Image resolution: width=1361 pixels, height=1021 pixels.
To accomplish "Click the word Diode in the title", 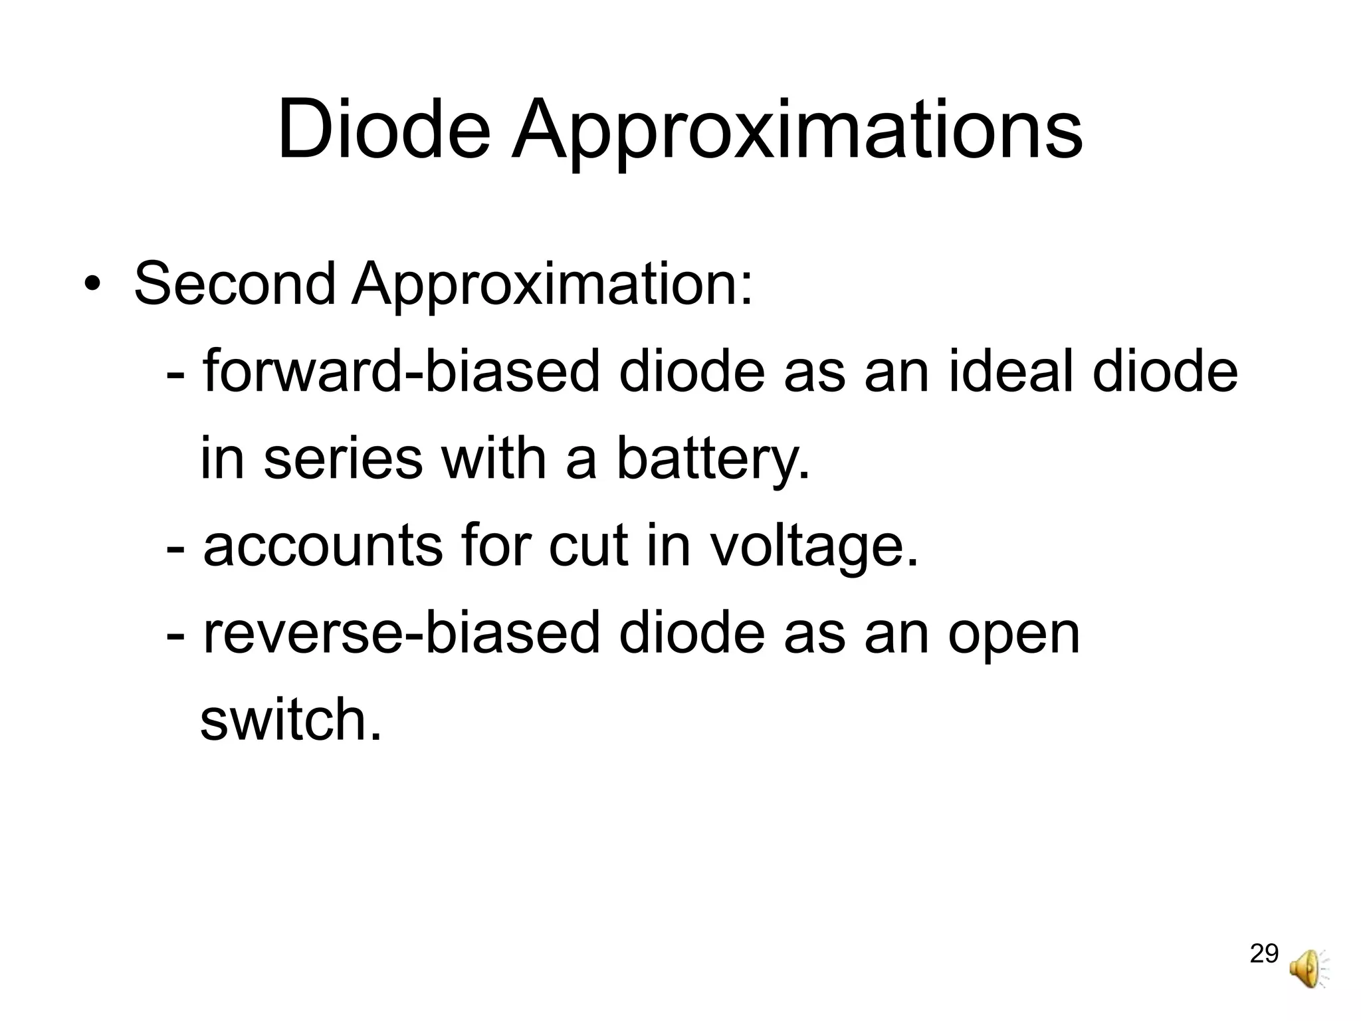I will click(x=383, y=130).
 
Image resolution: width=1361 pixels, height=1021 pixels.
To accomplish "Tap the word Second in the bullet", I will click(x=235, y=284).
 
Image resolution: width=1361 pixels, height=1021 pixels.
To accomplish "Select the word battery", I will click(x=714, y=461).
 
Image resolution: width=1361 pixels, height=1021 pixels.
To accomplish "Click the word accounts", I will click(x=323, y=546).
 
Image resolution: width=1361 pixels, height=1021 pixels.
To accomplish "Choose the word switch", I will click(x=291, y=720).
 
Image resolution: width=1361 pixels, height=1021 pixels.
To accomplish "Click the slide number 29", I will click(x=1264, y=954).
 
